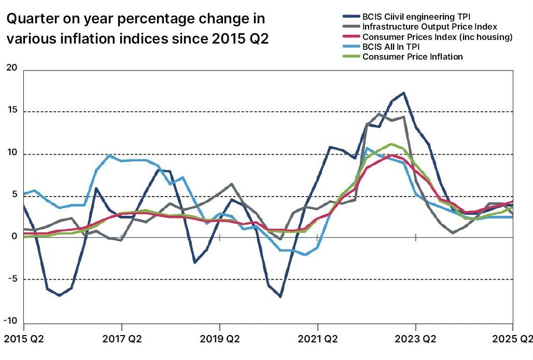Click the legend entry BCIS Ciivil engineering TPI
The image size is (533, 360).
point(416,17)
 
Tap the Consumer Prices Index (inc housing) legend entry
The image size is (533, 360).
point(437,37)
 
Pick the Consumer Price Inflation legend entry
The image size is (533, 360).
point(412,57)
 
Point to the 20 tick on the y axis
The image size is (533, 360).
point(11,68)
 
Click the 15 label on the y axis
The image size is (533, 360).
point(11,111)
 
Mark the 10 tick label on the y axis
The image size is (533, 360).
point(11,154)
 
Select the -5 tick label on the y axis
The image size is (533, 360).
point(11,279)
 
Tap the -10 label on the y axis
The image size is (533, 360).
point(10,321)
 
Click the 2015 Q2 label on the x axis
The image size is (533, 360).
point(23,340)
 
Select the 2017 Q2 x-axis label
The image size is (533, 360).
point(121,340)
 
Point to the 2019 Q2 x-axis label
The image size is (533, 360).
point(219,340)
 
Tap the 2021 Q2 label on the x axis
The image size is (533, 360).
point(317,340)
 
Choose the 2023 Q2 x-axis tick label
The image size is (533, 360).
point(415,340)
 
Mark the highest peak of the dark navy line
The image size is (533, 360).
point(403,93)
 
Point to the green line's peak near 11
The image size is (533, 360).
point(391,144)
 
